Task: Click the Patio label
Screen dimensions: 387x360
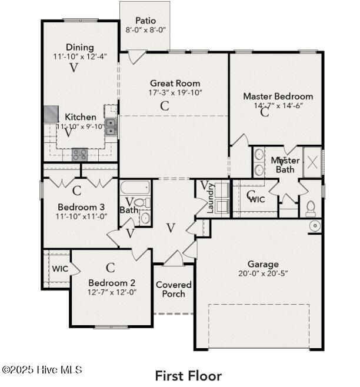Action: click(145, 21)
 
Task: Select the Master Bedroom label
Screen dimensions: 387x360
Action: click(278, 96)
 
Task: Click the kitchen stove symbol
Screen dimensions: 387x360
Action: click(79, 155)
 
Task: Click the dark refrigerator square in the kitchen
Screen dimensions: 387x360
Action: click(51, 114)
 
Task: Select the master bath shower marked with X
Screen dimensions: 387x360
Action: click(312, 162)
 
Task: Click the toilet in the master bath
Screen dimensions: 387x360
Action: click(311, 208)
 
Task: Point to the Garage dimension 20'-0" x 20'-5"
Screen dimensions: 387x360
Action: click(263, 273)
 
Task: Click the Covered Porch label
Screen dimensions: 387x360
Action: click(174, 289)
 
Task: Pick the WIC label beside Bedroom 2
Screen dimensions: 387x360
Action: click(60, 269)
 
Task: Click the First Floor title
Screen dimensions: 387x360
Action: click(188, 376)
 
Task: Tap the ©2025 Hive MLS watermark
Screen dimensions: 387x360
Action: click(42, 370)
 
